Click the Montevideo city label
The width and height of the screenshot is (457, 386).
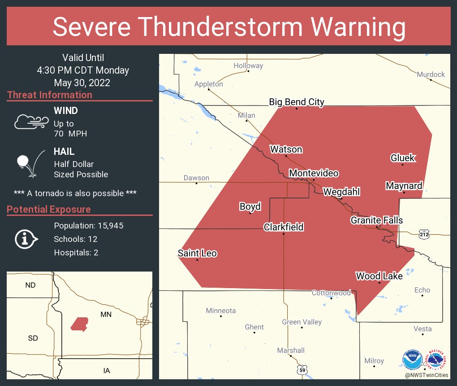(x=314, y=173)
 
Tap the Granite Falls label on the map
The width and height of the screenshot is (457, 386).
(x=376, y=220)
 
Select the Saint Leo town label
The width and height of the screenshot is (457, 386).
(x=197, y=253)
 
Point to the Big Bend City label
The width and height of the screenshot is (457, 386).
(x=296, y=102)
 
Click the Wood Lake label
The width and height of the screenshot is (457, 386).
(x=379, y=276)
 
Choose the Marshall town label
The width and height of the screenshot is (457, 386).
(x=290, y=350)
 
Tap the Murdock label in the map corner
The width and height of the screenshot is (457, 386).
(x=431, y=74)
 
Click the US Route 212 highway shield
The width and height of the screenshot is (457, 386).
(x=424, y=234)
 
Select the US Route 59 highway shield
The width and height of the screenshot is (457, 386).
(x=302, y=370)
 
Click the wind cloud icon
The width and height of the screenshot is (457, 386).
(x=31, y=122)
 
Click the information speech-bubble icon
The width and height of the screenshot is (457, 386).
(x=26, y=239)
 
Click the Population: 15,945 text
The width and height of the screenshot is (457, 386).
(x=88, y=225)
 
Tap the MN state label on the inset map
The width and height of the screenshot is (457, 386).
(x=106, y=315)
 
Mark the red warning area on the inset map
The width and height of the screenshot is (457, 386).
(x=79, y=324)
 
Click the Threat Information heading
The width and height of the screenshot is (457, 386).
(x=50, y=95)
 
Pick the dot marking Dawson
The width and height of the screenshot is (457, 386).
(x=196, y=183)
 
